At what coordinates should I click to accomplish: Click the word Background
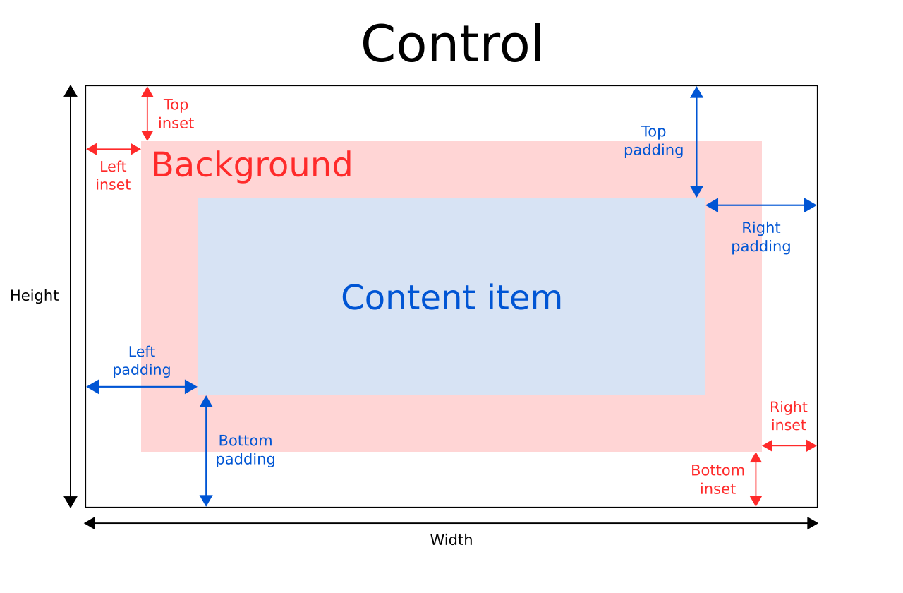tap(251, 165)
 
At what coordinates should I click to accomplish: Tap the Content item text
tap(451, 297)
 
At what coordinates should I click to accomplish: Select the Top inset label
tap(176, 114)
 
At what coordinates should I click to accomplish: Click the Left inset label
tap(113, 176)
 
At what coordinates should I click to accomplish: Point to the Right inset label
tap(788, 417)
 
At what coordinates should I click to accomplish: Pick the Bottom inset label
tap(717, 479)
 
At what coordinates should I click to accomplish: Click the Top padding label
tap(653, 140)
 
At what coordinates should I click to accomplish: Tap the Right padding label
tap(760, 237)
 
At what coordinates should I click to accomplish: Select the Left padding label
tap(142, 361)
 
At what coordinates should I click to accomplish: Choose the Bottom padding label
tap(245, 450)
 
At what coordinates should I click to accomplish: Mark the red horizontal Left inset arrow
tap(114, 149)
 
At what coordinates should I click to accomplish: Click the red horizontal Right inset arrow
tap(789, 445)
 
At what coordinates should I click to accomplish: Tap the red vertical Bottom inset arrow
tap(756, 479)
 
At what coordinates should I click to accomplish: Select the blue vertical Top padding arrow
tap(696, 142)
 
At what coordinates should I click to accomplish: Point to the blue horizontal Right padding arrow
tap(760, 205)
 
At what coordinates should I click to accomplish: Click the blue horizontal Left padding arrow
tap(142, 387)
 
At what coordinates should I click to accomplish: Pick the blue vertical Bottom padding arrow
tap(206, 451)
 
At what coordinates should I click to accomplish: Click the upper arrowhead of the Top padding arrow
tap(696, 92)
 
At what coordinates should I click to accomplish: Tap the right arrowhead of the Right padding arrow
tap(811, 205)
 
